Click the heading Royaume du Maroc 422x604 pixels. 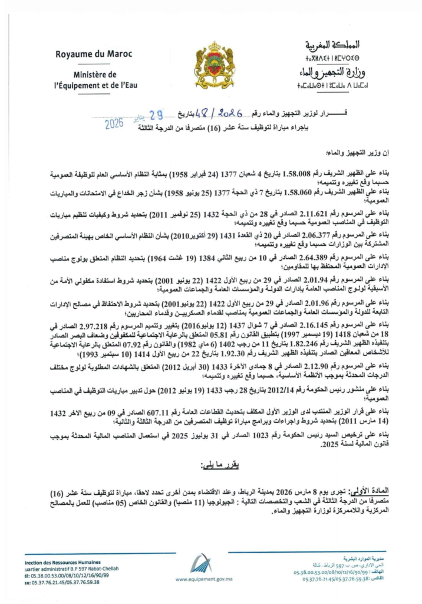(x=94, y=54)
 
